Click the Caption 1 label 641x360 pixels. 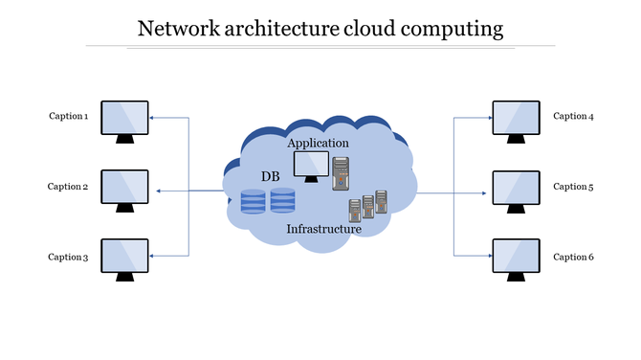pos(69,117)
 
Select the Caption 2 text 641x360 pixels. pos(68,187)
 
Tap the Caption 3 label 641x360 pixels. pos(68,258)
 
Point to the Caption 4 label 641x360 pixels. pos(573,116)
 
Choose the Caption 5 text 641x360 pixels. pos(573,187)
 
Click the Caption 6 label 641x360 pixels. pos(573,257)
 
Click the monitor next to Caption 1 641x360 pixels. pos(124,119)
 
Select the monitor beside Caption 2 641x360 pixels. pos(124,189)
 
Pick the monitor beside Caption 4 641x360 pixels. pos(516,119)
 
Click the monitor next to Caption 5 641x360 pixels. pos(516,189)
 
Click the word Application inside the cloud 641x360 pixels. pos(318,143)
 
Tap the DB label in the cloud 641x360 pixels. pos(271,177)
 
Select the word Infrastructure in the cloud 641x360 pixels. pos(324,229)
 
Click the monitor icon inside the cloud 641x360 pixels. pos(310,166)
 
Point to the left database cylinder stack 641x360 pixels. pos(253,201)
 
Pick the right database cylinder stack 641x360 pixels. pos(282,201)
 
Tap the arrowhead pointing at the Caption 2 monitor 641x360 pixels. pos(158,191)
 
